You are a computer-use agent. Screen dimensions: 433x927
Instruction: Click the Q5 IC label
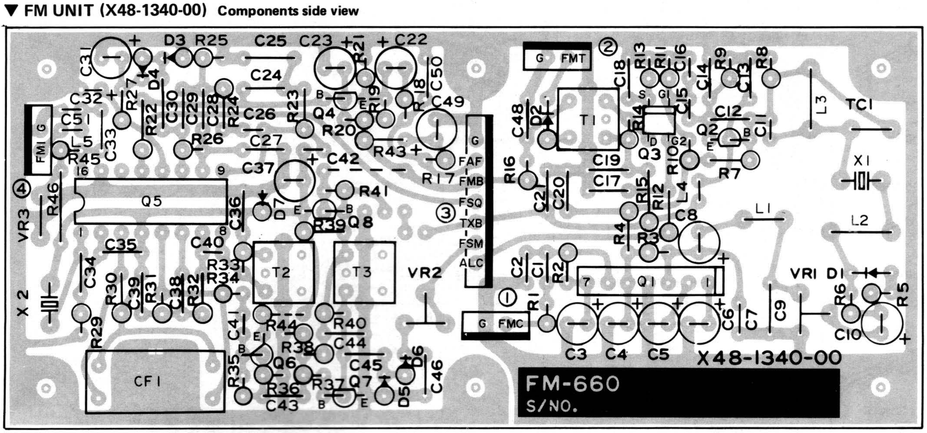click(151, 201)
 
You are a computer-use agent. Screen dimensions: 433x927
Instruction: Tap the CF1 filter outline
click(155, 382)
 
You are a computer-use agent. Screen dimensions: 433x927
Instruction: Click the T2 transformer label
click(281, 272)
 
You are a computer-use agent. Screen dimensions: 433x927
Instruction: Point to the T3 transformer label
click(362, 272)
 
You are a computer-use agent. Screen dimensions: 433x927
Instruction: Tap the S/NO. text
click(552, 406)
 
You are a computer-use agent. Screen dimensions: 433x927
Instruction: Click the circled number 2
click(608, 47)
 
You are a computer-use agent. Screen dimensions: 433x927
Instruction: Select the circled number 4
click(21, 189)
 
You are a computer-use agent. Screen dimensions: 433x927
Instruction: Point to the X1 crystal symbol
click(861, 180)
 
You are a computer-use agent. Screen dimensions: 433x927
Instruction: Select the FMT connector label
click(573, 59)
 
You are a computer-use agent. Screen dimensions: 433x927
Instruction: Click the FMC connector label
click(510, 323)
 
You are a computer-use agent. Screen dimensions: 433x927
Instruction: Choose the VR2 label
click(424, 273)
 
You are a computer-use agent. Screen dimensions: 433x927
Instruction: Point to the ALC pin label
click(471, 263)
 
